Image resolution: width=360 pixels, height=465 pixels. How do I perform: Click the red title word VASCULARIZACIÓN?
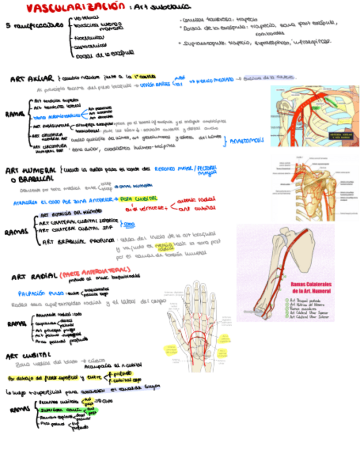(75, 8)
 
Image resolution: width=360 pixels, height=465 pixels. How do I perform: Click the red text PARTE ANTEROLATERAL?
(96, 271)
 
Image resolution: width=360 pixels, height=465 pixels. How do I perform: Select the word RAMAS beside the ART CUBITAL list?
(20, 410)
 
